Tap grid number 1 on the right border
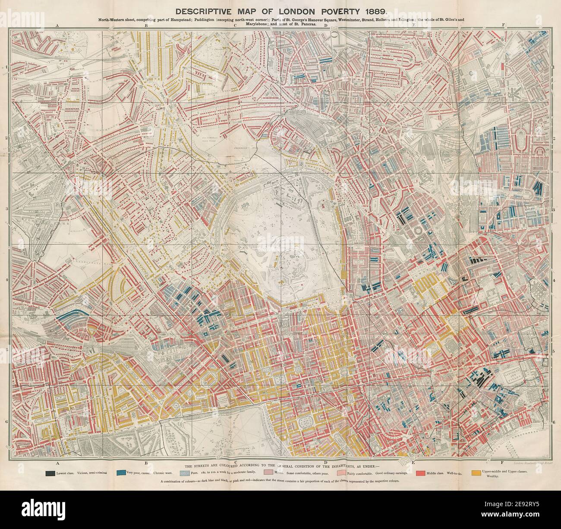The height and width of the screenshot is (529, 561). (554, 68)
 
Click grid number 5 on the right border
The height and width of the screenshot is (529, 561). (554, 351)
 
